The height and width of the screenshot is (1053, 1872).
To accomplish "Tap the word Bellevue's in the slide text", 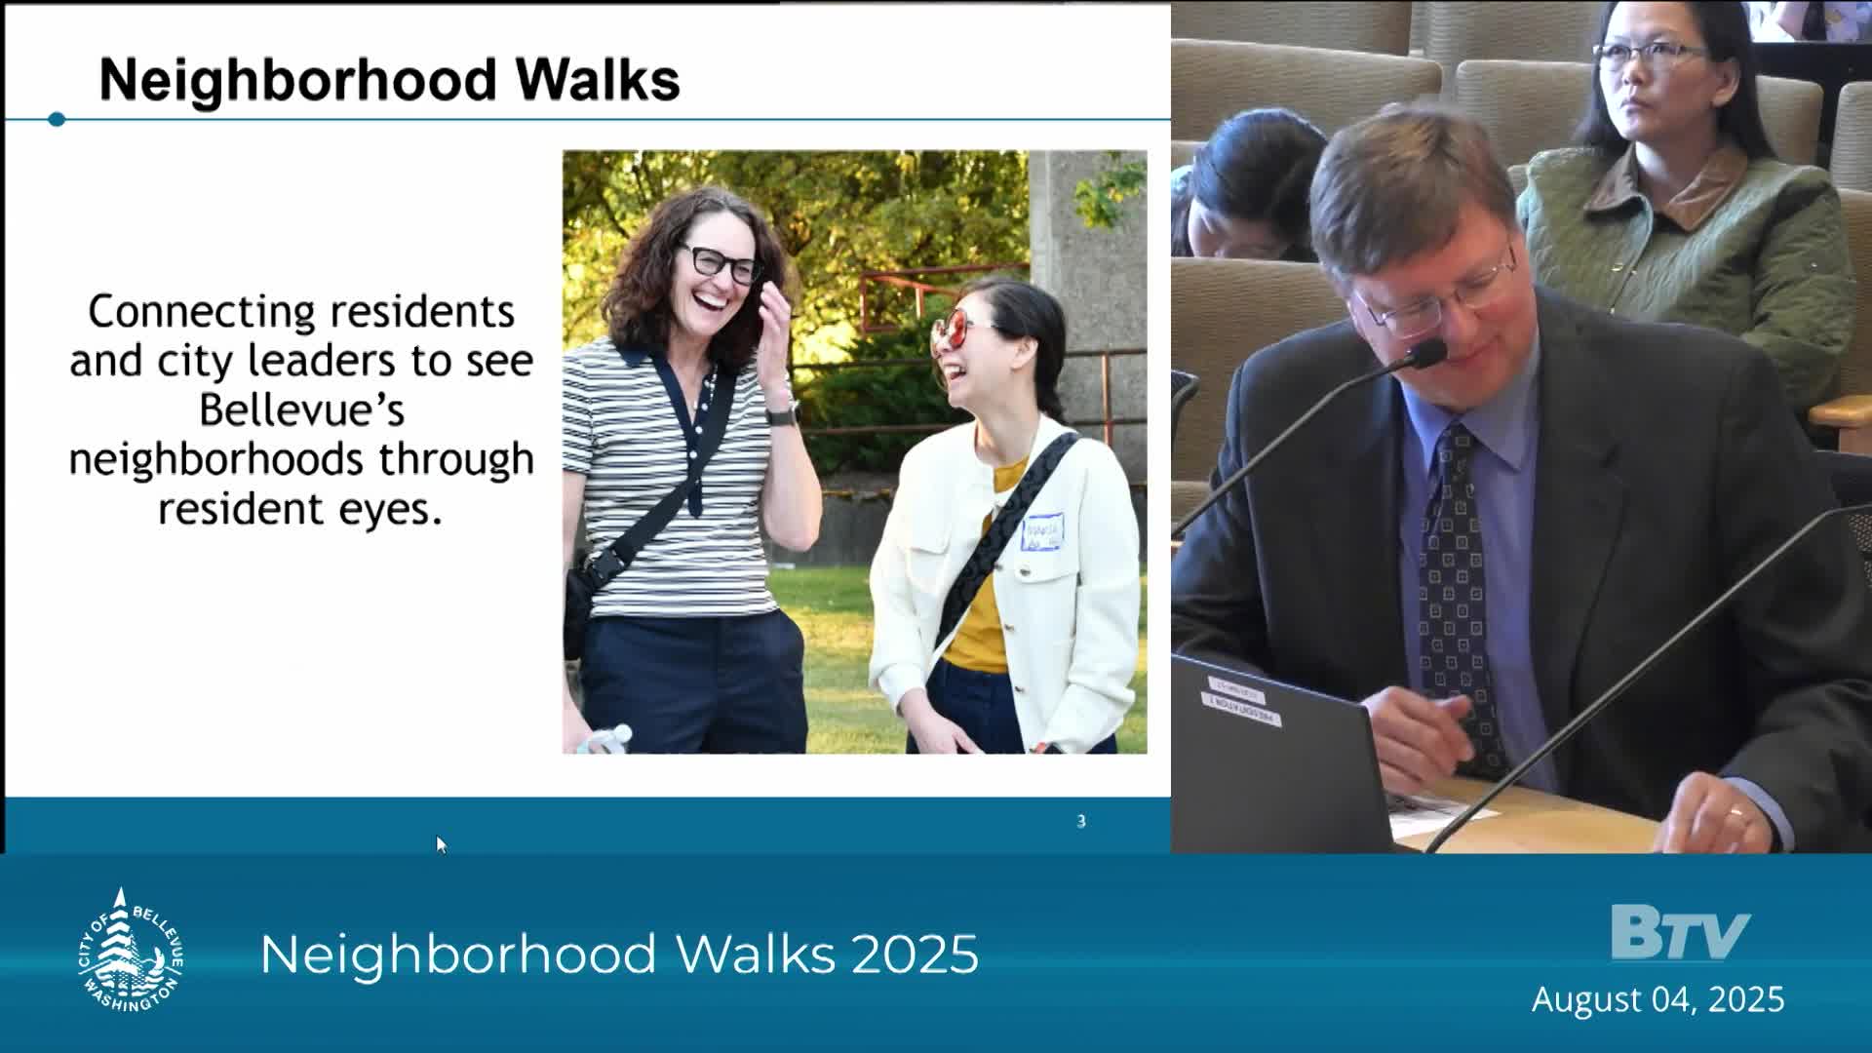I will (301, 409).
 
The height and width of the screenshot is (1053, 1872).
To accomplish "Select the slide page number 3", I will (1080, 822).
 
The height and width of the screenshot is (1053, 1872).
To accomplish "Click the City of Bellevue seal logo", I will (130, 951).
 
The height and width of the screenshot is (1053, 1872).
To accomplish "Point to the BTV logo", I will (1679, 933).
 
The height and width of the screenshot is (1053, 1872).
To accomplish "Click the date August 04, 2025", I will (1657, 999).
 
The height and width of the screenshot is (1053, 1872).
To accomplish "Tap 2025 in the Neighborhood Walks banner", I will (915, 955).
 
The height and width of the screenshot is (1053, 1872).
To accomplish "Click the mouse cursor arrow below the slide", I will (441, 844).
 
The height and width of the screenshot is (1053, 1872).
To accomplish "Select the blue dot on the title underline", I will (57, 119).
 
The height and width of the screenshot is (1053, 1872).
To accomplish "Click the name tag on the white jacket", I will (1041, 532).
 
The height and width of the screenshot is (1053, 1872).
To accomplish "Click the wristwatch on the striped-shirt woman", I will (781, 414).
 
